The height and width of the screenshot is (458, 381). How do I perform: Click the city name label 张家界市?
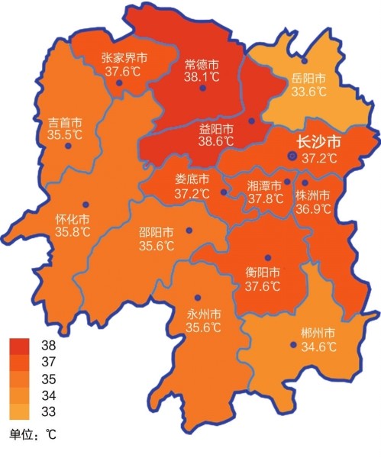(124, 58)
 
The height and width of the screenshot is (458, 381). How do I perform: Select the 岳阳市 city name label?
(308, 79)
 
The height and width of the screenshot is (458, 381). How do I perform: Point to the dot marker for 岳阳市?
(304, 60)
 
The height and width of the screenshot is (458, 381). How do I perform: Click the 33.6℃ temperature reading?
(308, 92)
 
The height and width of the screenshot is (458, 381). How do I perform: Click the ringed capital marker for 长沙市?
(292, 156)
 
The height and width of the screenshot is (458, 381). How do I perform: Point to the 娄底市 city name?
(191, 180)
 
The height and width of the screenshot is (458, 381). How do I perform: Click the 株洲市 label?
(314, 194)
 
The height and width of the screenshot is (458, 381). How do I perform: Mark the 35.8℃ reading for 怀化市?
(73, 232)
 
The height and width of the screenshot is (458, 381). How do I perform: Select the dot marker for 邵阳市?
(189, 229)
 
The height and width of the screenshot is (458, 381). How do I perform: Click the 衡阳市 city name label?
(263, 273)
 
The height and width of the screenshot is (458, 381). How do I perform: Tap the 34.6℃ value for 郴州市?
(318, 347)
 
